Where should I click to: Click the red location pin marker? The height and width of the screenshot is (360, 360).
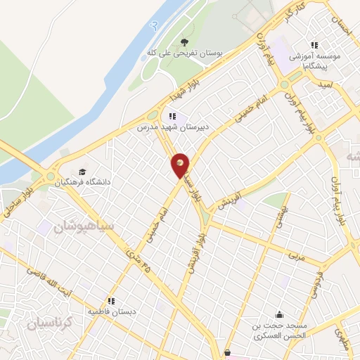pyautogui.click(x=181, y=165)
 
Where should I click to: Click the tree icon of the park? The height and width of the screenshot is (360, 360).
pyautogui.click(x=185, y=41)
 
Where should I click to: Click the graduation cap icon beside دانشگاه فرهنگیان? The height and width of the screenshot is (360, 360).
pyautogui.click(x=83, y=172)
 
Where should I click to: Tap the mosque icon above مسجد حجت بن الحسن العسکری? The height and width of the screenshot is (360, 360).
pyautogui.click(x=281, y=314)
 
